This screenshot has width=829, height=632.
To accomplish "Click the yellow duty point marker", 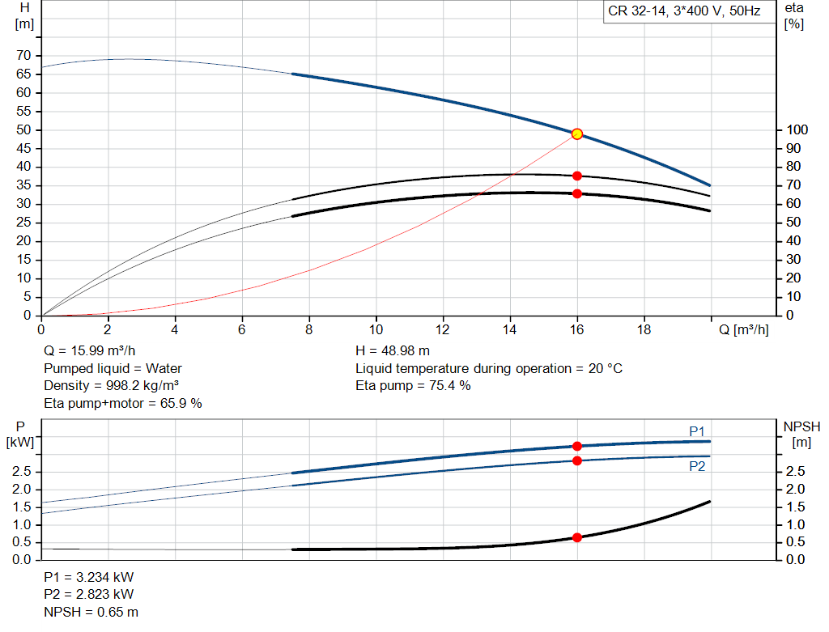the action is coord(576,134).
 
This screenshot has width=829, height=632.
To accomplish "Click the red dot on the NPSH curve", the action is coord(576,537).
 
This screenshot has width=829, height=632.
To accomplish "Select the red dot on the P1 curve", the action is coord(576,447).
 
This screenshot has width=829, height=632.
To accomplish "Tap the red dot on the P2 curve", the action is coord(576,460).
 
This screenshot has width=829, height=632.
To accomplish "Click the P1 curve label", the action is coord(697,431).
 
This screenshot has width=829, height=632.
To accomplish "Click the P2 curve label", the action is coord(697,466).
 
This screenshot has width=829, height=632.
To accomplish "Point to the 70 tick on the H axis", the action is coord(23,55).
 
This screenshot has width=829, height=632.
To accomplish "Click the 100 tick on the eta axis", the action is coord(797,129).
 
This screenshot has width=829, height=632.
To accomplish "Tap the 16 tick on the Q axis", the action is coord(576,329).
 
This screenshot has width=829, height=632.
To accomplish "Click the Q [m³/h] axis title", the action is coord(743,329).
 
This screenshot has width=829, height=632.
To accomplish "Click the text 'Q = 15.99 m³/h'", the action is coord(89,350).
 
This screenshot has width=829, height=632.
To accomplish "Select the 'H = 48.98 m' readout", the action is coord(393,350).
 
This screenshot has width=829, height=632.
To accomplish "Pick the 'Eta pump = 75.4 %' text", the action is coord(413,385).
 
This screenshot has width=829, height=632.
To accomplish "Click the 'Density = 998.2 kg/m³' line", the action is coord(111,385).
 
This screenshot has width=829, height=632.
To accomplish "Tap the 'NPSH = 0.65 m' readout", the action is coord(91,612).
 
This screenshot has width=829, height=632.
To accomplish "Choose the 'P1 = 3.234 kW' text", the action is coord(89,577).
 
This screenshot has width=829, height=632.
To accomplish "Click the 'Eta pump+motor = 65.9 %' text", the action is coord(123,403).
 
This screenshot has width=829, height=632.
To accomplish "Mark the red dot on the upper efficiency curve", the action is coord(576,176).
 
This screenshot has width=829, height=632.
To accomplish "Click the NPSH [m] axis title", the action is coord(801,435).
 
